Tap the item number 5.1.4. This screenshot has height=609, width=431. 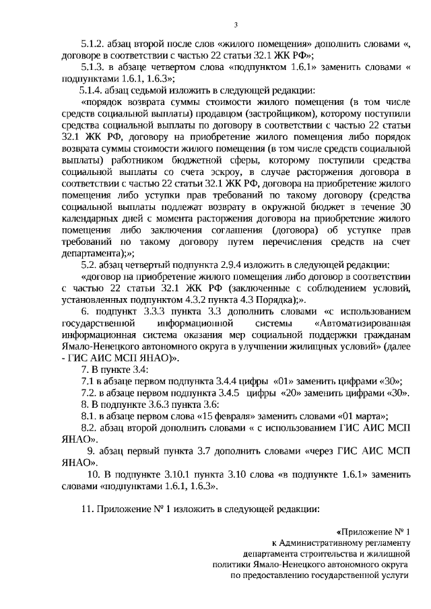coord(92,90)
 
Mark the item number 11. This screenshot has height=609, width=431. coord(87,509)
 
